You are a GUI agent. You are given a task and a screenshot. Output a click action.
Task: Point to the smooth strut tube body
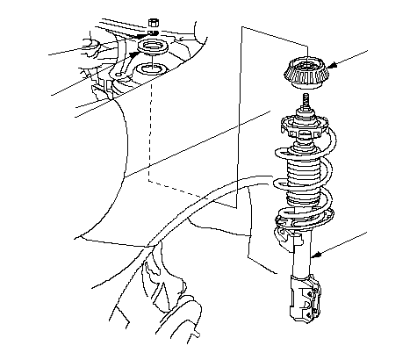301,255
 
